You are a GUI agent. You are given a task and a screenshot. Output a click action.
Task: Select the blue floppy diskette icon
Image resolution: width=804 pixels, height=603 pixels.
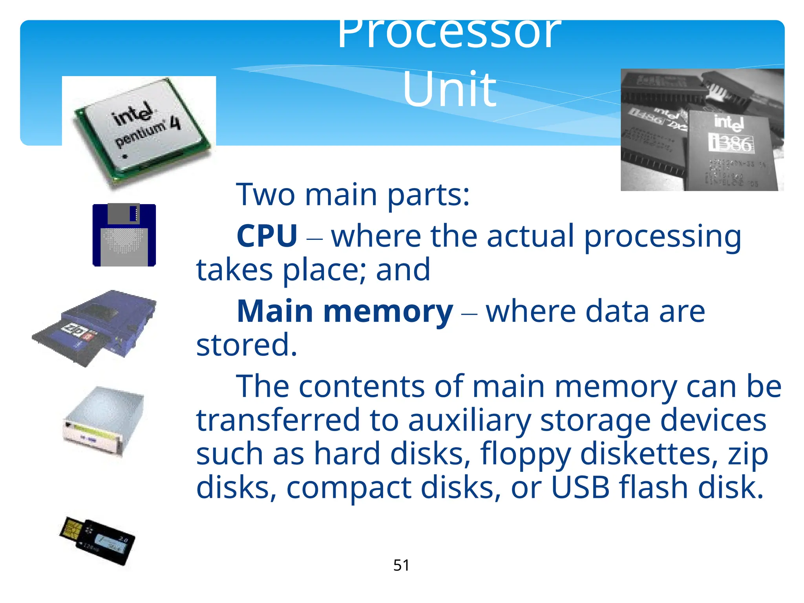coord(124,236)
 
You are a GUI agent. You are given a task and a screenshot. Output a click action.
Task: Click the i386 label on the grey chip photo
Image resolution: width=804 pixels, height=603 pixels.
coord(731,144)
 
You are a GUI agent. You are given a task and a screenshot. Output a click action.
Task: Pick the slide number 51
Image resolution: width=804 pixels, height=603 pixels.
coord(401,565)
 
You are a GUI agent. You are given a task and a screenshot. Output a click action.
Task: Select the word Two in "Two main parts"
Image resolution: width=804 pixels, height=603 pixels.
coord(265,195)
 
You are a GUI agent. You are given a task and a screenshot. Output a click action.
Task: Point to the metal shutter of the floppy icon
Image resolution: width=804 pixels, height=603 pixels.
coord(124,214)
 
